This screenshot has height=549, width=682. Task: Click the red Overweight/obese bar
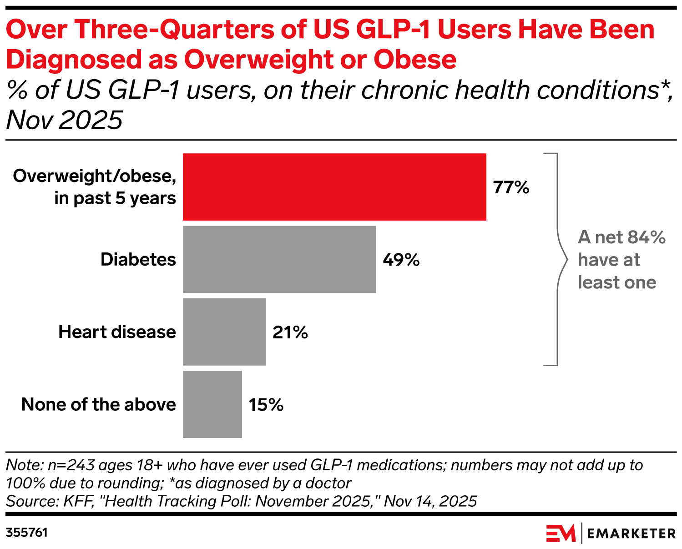click(334, 187)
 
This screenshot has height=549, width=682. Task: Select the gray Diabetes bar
click(279, 259)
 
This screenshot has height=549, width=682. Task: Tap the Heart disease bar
click(224, 332)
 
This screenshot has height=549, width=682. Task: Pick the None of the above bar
click(212, 404)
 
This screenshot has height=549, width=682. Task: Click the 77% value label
click(511, 187)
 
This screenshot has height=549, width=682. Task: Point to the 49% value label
click(401, 260)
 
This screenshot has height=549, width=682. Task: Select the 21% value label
click(290, 332)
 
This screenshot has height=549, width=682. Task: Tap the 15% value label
click(266, 405)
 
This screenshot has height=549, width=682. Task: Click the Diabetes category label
click(138, 259)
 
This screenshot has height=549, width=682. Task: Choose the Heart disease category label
click(117, 332)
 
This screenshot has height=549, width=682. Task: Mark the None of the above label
click(99, 404)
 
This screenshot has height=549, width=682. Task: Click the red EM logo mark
click(561, 533)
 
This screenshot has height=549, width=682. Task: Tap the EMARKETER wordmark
click(631, 534)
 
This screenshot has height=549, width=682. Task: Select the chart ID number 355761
click(27, 533)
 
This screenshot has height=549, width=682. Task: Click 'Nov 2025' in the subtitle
click(65, 120)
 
